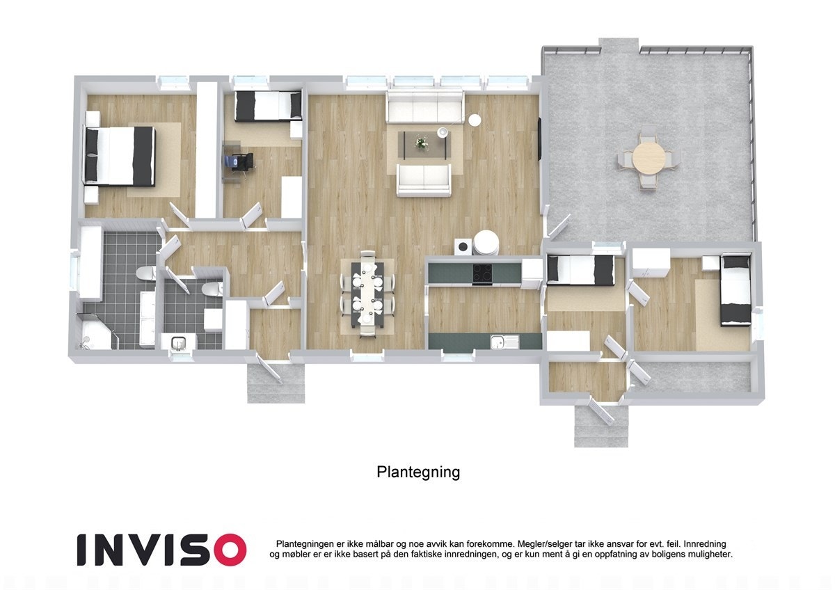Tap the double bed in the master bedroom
tap(120, 156)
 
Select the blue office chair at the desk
tap(241, 161)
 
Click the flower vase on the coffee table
tap(422, 143)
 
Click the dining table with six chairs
tap(367, 292)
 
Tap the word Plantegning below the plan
tap(418, 472)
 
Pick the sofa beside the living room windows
tap(425, 109)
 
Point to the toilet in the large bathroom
tap(145, 274)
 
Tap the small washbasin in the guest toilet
tap(177, 342)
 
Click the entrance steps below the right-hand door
tap(601, 426)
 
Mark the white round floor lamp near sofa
tap(475, 119)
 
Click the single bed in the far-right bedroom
tap(735, 289)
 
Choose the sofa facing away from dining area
tap(424, 180)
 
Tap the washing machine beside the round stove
tap(463, 246)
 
